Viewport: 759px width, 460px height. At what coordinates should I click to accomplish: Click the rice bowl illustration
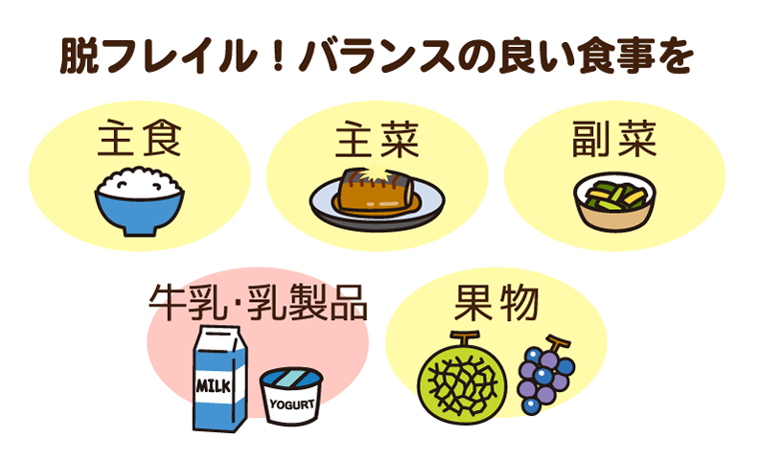[139, 201]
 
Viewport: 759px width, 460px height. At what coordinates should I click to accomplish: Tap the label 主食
[139, 139]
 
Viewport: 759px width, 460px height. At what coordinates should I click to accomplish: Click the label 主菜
[377, 139]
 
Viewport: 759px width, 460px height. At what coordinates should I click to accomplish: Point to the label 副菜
[613, 139]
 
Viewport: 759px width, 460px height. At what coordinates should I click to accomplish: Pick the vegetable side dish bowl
[614, 202]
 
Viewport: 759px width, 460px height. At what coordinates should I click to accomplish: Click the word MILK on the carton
[213, 386]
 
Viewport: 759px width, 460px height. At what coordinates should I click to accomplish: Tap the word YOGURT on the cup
[291, 403]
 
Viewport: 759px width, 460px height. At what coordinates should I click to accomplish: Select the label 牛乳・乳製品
[258, 303]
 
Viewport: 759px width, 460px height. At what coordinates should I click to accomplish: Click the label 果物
[496, 303]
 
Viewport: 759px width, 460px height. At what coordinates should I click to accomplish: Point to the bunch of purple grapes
[545, 375]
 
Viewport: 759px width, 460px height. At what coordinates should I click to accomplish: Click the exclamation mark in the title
[277, 57]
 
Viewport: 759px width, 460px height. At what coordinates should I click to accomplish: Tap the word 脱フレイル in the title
[158, 57]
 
